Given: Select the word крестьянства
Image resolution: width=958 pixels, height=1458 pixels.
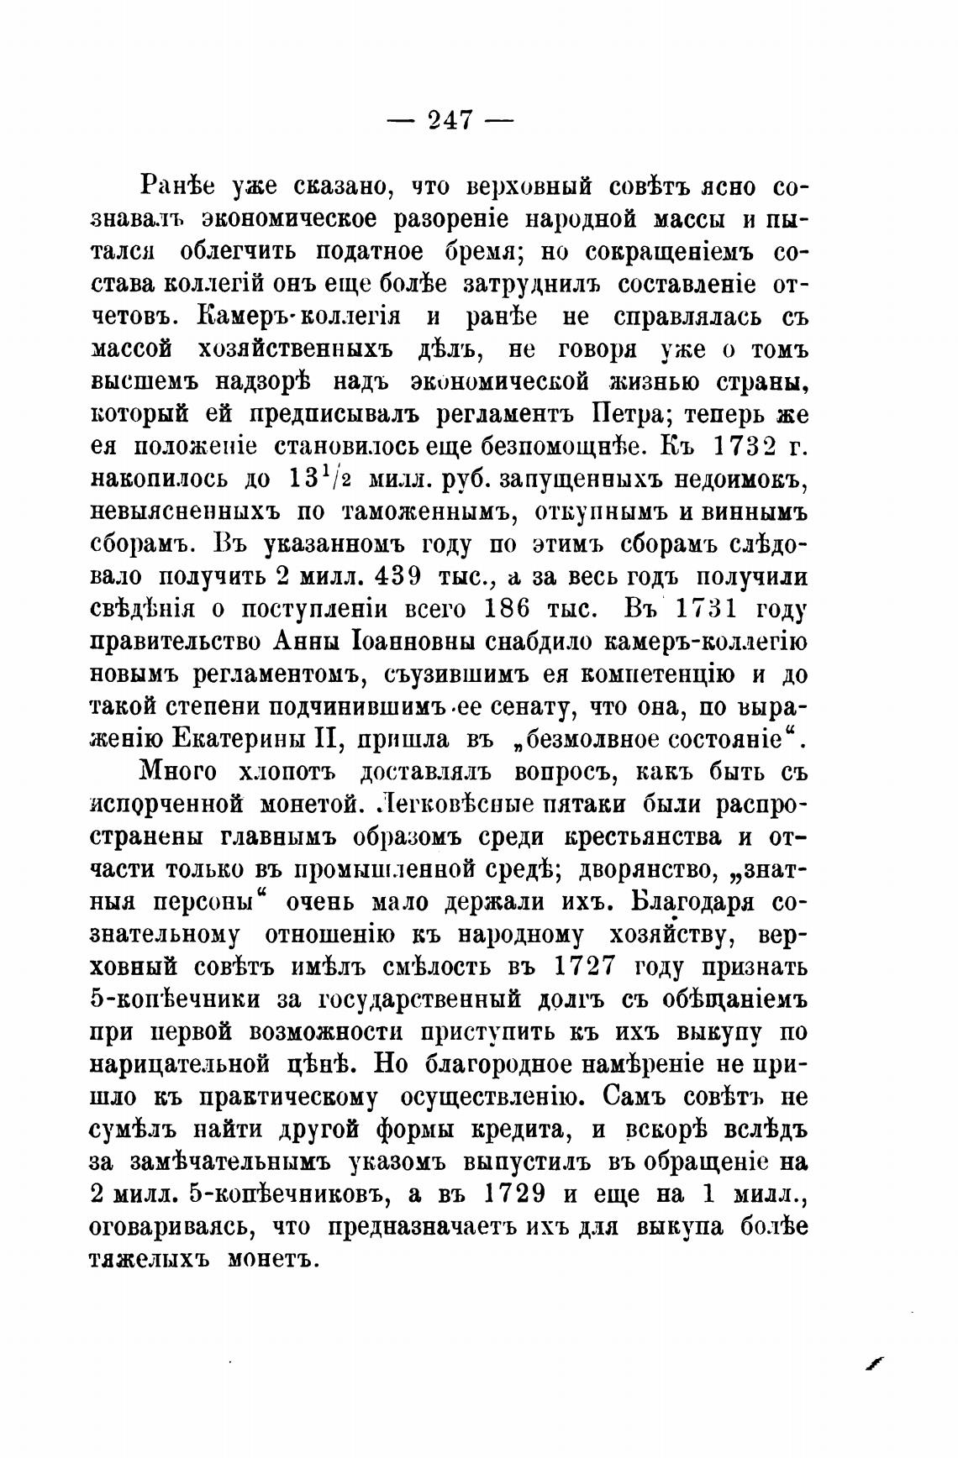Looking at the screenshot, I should point(630,837).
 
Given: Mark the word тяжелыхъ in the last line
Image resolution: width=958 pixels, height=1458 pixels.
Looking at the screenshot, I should point(146,1260).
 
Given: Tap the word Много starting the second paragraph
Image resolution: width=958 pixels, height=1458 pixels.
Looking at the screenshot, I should point(176,772).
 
